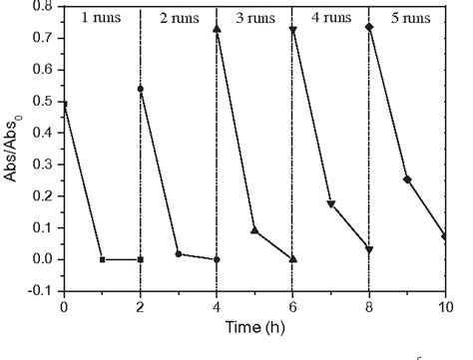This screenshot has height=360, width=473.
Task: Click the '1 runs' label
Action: pos(100,18)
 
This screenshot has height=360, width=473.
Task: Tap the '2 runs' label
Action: pos(178,18)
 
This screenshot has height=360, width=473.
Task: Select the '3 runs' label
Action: pos(255,18)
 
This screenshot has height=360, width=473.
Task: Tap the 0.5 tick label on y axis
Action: pos(43,101)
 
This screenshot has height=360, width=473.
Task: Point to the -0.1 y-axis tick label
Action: pos(41,290)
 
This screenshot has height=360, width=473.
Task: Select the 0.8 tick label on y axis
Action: pos(43,6)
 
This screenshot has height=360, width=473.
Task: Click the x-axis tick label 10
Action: pos(445,306)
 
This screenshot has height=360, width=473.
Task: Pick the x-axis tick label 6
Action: pos(292,306)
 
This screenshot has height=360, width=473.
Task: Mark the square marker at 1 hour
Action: pos(102,259)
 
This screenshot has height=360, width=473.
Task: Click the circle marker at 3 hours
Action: pos(179,254)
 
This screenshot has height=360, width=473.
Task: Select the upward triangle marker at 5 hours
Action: pos(254,230)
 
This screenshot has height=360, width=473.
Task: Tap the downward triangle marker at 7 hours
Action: pos(331,204)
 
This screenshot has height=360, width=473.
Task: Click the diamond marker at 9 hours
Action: pos(407,180)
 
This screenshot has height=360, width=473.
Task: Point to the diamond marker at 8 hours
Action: pos(369,27)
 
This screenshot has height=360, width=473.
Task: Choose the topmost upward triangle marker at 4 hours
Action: pos(217,29)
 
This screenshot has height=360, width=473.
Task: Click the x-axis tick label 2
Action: pos(140,306)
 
